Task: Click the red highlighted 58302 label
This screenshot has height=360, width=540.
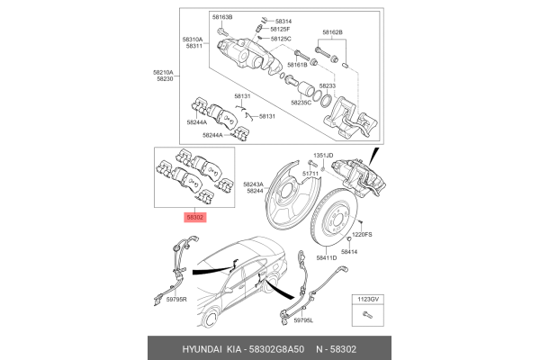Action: click(x=195, y=217)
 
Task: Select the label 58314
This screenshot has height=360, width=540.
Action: click(x=283, y=21)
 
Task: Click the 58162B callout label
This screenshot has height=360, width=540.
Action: click(x=330, y=32)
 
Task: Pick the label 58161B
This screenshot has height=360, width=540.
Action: click(x=298, y=65)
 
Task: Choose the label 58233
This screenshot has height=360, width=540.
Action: click(x=328, y=85)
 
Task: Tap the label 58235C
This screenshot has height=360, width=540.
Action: click(x=301, y=103)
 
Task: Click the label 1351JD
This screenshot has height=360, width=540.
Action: click(x=323, y=156)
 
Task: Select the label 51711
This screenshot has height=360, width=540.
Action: click(x=311, y=172)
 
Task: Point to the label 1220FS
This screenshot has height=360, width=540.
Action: click(x=362, y=234)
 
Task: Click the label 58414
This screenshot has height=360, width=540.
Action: click(x=349, y=253)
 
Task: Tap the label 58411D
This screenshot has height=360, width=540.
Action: click(x=326, y=258)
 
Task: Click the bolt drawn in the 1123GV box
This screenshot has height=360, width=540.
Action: click(x=367, y=314)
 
